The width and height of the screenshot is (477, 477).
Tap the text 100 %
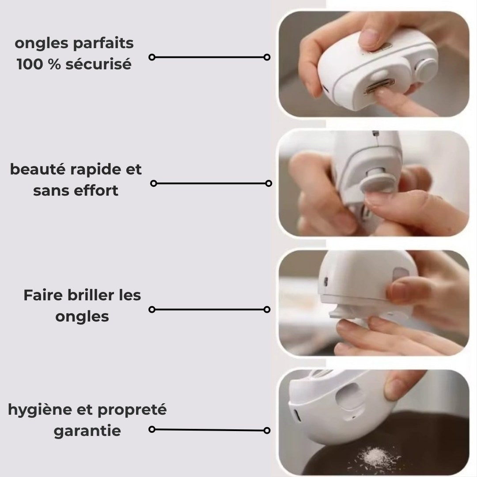coord(38,64)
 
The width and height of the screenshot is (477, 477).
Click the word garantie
coord(87,431)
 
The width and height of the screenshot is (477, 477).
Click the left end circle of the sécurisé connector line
coord(152,57)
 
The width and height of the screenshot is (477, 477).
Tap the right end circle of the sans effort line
coord(269,183)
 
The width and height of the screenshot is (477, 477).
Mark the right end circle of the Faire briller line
coord(267,310)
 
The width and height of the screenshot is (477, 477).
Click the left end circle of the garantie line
coord(152,429)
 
